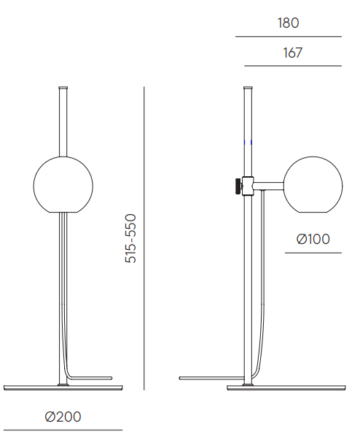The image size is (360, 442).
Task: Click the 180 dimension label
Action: tap(288, 23)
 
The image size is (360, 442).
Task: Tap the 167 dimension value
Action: tap(292, 52)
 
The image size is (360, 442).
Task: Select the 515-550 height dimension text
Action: tap(130, 239)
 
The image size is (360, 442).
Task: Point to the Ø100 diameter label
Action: tap(313, 239)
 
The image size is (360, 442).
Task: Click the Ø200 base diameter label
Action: tap(63, 417)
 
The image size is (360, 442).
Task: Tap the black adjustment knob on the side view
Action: tap(238, 186)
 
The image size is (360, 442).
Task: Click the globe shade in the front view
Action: tap(63, 185)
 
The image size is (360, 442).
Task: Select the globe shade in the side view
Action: tap(313, 185)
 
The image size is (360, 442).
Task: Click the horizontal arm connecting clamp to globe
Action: tap(268, 186)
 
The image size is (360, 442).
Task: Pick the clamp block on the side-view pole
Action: tap(248, 186)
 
